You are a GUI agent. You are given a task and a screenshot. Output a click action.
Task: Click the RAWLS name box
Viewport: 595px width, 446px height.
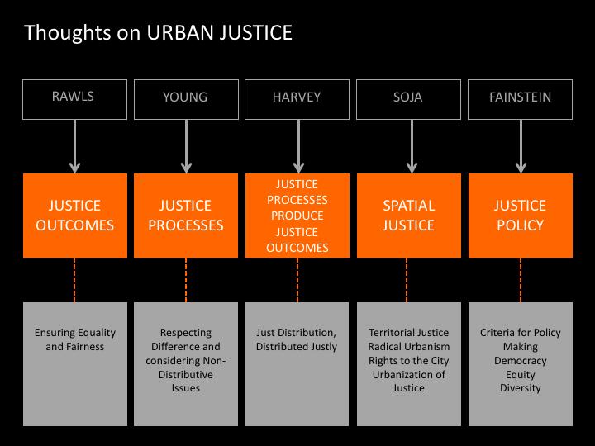click(74, 97)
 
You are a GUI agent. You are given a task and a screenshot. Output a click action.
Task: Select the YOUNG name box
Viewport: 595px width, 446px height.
click(186, 98)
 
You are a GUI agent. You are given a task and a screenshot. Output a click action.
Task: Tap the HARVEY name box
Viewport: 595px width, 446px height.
click(297, 98)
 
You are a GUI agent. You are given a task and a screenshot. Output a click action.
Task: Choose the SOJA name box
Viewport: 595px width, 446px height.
click(407, 98)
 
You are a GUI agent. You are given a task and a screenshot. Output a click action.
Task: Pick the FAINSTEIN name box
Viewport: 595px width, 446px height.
click(521, 98)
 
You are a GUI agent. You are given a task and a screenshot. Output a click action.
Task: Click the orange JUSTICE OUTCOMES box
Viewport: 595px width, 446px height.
click(74, 215)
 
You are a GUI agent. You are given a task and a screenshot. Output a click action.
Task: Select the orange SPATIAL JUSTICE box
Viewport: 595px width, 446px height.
click(407, 215)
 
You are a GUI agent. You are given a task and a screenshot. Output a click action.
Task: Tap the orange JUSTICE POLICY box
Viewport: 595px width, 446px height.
click(521, 215)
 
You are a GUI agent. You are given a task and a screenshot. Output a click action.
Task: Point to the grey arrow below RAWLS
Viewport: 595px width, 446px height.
click(74, 145)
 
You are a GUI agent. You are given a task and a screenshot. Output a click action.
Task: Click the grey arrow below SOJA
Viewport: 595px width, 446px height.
click(407, 145)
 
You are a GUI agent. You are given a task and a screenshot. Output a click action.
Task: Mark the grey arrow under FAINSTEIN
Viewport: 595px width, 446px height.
click(521, 145)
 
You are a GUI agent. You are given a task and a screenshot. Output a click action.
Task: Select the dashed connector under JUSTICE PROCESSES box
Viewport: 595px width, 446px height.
click(186, 279)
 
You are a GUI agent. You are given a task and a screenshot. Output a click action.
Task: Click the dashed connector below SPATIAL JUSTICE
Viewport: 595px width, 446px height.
click(407, 279)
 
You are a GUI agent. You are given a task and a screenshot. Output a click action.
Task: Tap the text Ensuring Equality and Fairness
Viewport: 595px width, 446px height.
click(74, 339)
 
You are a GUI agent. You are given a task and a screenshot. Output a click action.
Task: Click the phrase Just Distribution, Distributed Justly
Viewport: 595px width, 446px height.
click(297, 339)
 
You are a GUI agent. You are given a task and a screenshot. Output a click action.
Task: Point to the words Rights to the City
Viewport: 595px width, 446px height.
click(407, 361)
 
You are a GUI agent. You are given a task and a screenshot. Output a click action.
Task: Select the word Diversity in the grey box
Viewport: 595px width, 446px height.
click(521, 388)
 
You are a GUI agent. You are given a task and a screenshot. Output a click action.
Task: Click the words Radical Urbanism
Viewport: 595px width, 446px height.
click(407, 347)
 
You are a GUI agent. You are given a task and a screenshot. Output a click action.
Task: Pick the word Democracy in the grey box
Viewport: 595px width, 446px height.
click(521, 361)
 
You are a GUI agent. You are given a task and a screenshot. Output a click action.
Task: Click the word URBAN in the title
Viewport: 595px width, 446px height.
click(174, 33)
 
